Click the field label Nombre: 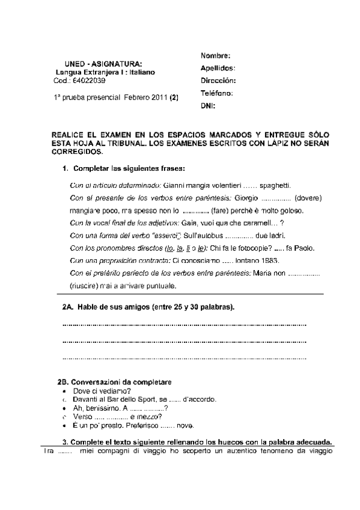tap(215, 56)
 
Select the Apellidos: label tap(218, 69)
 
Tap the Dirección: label tap(218, 81)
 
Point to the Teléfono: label tap(216, 93)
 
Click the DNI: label tap(207, 106)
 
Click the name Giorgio tap(246, 198)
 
